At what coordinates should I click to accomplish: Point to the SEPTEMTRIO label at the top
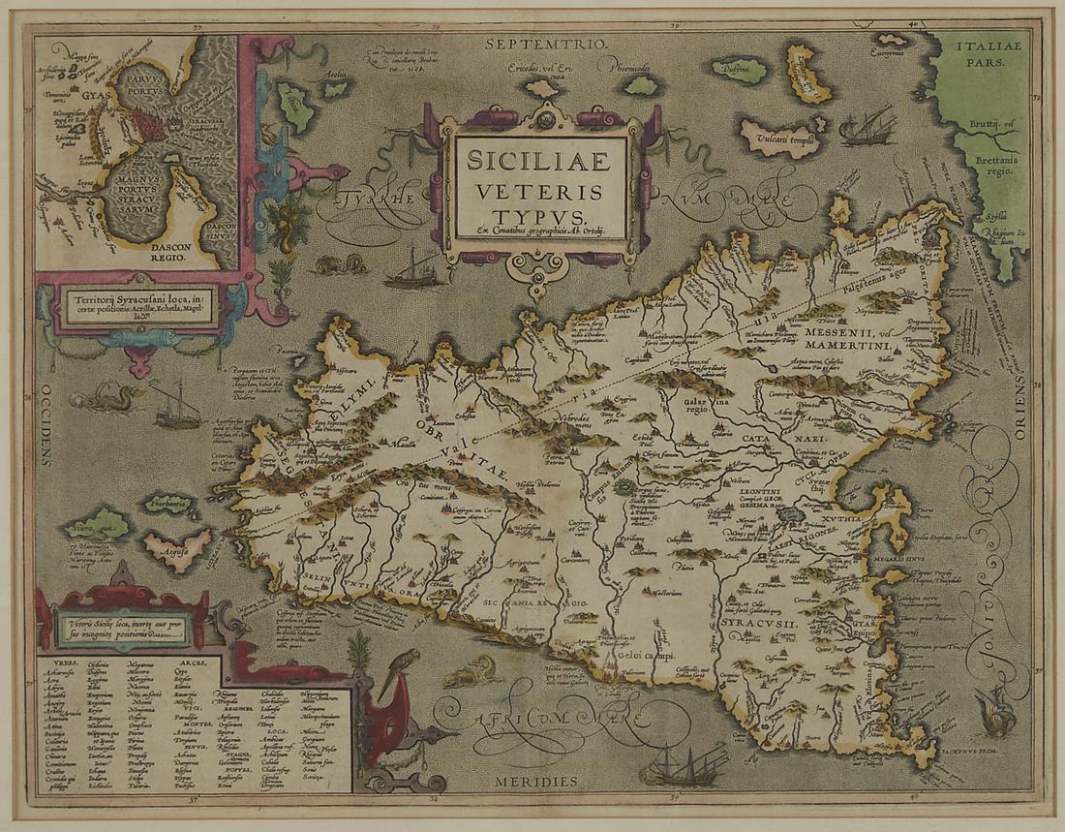548,44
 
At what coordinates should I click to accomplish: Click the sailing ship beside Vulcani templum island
867,128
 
